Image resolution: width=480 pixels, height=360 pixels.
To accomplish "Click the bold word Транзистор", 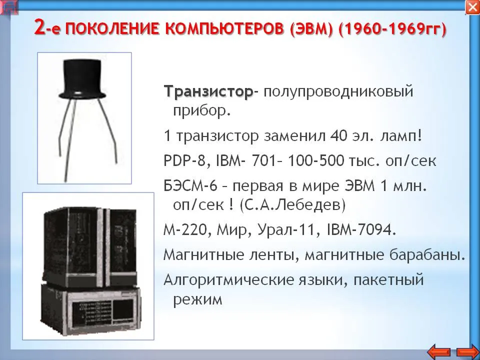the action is (x=208, y=91).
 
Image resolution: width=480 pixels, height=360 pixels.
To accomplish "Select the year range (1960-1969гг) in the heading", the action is (x=393, y=29).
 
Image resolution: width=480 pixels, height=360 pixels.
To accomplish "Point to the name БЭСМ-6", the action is (x=190, y=186).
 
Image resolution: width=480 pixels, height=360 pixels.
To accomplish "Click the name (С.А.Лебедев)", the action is (x=292, y=205).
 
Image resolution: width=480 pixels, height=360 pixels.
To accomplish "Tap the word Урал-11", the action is (x=286, y=230).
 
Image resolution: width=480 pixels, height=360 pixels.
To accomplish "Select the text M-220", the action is (x=185, y=230).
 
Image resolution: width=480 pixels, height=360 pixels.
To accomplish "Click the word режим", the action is (x=198, y=299).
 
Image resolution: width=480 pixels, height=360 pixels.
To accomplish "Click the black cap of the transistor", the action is (x=82, y=78).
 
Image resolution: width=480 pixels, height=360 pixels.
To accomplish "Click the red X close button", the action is (x=472, y=7).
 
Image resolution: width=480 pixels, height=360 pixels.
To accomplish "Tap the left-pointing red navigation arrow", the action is (x=439, y=352).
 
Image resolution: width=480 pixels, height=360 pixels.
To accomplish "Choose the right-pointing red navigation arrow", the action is (x=467, y=352).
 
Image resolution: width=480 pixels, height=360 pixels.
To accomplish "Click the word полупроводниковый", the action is (x=338, y=91).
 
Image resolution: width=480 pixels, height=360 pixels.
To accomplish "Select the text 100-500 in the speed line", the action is (x=316, y=160).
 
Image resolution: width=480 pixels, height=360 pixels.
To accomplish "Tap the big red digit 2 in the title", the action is (x=40, y=27).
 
